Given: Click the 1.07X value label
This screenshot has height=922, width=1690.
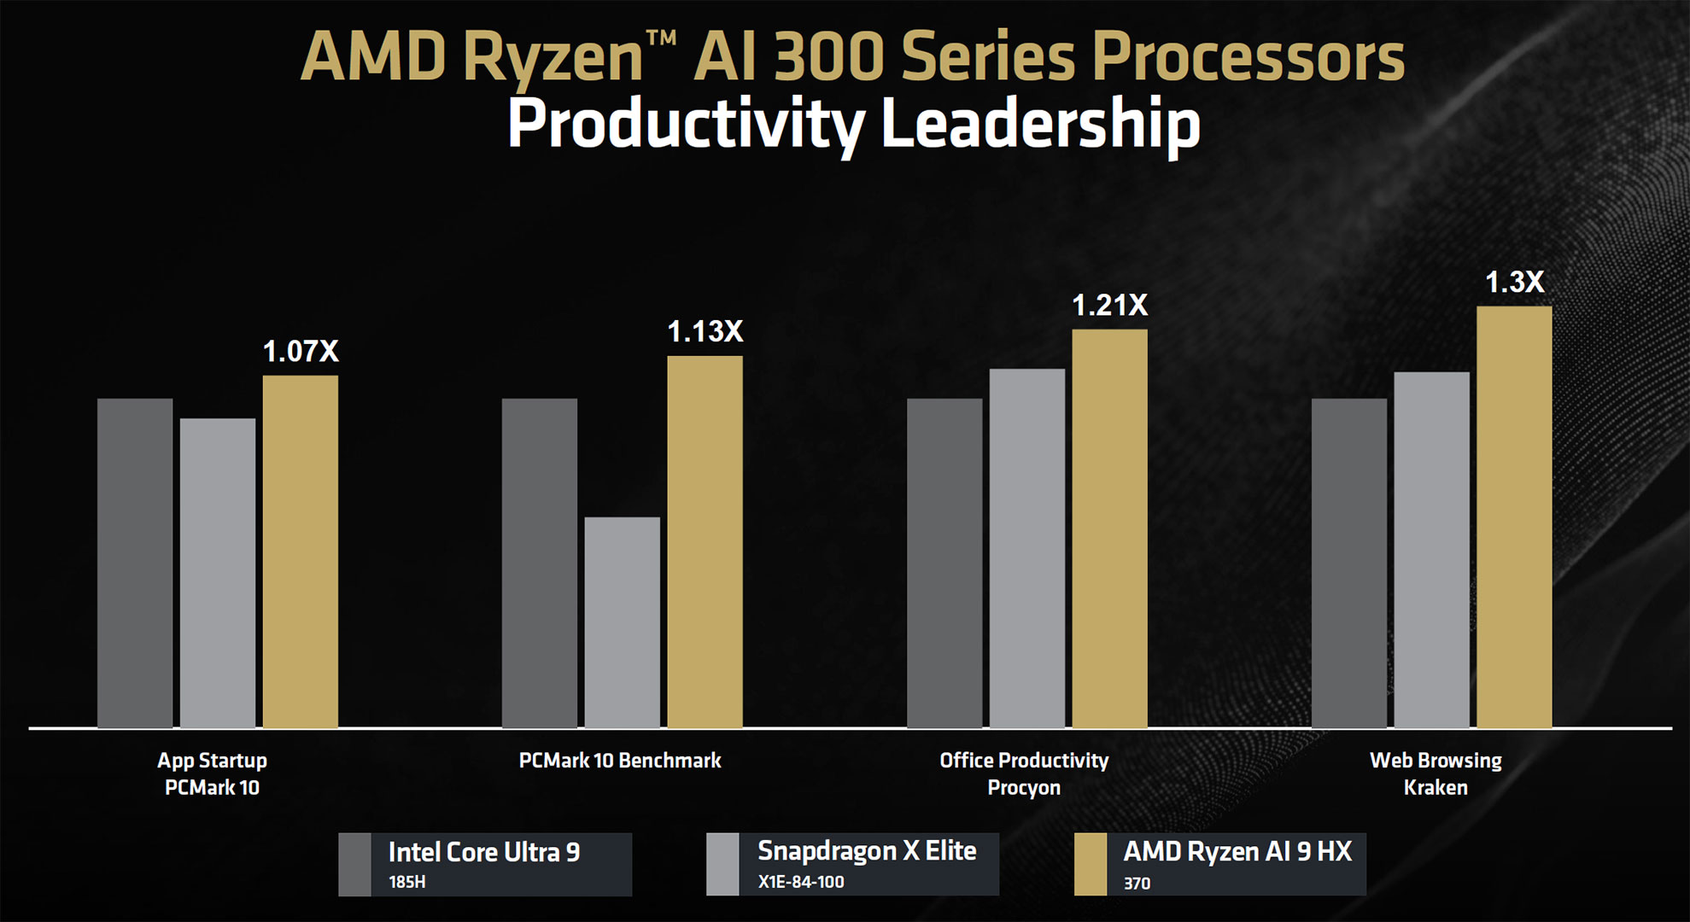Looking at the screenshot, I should point(301,351).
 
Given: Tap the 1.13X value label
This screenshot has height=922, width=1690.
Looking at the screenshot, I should point(705,331).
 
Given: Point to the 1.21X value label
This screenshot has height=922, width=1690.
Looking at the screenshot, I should point(1110,305).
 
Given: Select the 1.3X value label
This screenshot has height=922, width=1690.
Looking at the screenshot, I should point(1515,282).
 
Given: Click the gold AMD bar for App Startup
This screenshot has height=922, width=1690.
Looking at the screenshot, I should point(301,551).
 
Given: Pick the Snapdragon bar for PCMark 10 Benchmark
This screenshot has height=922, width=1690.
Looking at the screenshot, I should point(623,622).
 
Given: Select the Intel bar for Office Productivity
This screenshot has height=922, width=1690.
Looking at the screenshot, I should point(944,563).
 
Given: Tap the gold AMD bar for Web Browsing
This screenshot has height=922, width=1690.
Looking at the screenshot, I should point(1514,516).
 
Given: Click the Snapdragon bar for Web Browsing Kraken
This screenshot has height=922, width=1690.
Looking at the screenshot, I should point(1432,550).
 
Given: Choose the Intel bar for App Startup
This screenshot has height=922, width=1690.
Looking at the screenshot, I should point(135,563).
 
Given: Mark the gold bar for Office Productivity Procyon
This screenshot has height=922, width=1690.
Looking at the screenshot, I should point(1109,528).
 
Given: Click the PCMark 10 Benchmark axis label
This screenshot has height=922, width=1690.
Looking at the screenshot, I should point(620,761).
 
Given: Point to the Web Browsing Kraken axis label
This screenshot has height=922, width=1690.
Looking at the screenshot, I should point(1436,773).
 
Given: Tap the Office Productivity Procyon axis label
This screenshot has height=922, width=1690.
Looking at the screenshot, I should point(1024,773).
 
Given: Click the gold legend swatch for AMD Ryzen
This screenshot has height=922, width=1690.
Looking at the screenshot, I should point(1091,864).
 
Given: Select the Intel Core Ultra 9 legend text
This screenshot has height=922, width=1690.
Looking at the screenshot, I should point(484,852).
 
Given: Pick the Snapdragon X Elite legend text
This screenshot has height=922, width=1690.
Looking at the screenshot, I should point(867,851).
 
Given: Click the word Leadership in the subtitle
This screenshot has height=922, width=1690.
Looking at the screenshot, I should point(1039,124).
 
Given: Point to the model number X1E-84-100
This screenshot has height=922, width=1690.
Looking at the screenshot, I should point(801,882).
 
